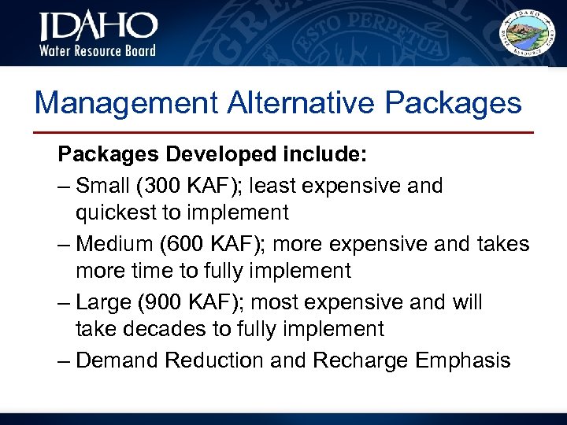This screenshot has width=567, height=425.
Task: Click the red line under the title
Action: coord(283,132)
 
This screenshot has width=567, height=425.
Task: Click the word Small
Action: coord(106,186)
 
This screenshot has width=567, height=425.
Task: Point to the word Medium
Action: coord(115,244)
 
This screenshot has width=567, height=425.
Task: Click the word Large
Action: coord(106,302)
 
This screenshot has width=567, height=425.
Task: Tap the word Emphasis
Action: coord(467,360)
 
